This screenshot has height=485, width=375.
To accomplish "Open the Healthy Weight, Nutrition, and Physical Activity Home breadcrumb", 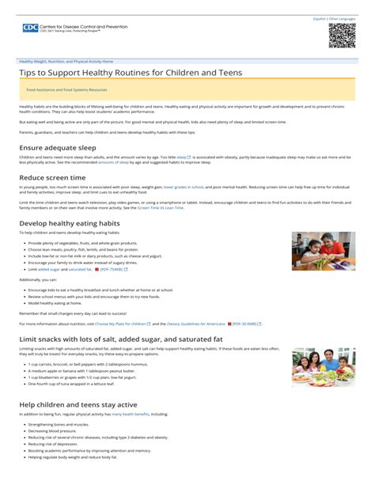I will [66, 61].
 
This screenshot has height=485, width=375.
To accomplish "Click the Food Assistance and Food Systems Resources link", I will [66, 90].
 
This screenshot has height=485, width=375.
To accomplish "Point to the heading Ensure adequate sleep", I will [58, 148].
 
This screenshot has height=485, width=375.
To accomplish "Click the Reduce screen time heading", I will [52, 178].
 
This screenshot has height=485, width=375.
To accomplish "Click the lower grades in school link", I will [184, 188].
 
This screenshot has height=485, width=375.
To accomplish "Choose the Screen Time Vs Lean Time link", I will [161, 207].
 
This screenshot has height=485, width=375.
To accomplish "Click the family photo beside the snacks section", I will [323, 366].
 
